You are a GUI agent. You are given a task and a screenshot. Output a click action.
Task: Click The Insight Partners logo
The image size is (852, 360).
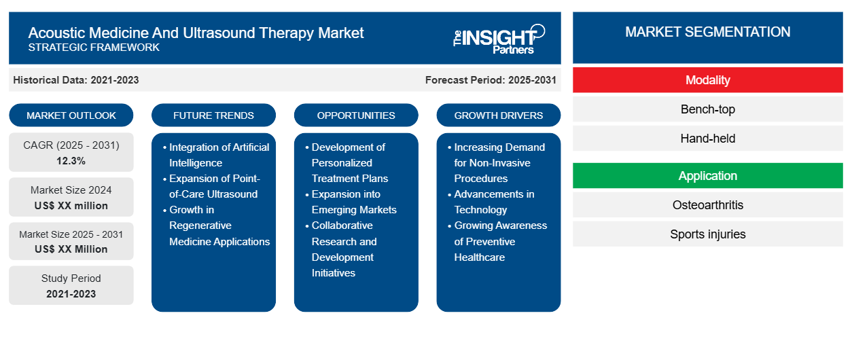[x=499, y=39]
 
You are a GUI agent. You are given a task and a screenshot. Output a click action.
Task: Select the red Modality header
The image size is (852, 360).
[x=707, y=80]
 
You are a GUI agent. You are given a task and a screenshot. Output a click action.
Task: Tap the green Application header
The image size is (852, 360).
[x=707, y=176]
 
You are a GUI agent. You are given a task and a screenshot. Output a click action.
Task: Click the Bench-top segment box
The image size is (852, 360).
[x=707, y=109]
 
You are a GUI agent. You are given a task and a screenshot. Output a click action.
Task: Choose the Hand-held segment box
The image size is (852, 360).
[x=707, y=139]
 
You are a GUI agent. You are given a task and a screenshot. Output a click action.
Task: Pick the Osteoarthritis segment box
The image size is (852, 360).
[x=707, y=205]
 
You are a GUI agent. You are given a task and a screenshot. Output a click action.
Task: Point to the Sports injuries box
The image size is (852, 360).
[x=707, y=234]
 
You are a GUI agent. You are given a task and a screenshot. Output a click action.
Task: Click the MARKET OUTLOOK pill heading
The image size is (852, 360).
[x=71, y=115]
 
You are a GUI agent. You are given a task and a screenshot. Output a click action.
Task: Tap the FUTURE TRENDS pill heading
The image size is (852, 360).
[x=213, y=115]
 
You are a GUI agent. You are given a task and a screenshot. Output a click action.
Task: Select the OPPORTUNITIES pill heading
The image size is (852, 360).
[x=356, y=115]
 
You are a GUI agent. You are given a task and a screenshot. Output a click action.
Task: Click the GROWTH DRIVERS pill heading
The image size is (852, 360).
[x=499, y=115]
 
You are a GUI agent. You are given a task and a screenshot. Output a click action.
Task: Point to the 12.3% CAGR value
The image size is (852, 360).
[x=71, y=161]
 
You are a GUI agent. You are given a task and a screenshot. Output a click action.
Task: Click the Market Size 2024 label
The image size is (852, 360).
[x=71, y=190]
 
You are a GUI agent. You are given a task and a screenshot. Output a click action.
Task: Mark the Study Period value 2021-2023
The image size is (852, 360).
[x=71, y=294]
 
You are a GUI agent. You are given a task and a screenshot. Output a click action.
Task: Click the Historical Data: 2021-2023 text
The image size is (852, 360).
[x=76, y=80]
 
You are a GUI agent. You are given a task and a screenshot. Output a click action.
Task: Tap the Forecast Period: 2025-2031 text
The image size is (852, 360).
[x=491, y=80]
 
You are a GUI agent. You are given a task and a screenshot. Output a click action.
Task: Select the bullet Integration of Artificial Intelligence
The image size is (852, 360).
[x=218, y=155]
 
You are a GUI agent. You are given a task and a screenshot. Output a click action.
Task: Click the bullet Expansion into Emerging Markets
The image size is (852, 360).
[x=353, y=202]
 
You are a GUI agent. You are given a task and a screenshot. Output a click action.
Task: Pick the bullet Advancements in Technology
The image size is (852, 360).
[x=493, y=202]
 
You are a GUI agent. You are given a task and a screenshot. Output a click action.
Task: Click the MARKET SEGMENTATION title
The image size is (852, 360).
[x=707, y=32]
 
